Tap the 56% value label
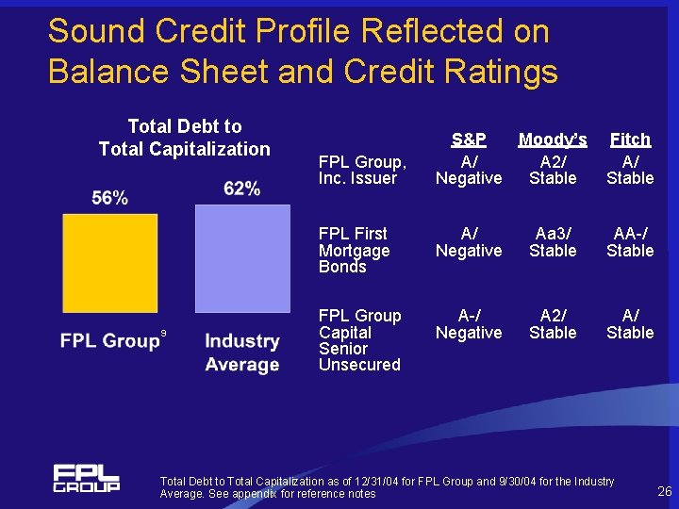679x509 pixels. [110, 197]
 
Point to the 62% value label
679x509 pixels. [242, 189]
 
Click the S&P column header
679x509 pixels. [469, 140]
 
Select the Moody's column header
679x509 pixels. [553, 140]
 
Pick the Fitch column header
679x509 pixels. [630, 140]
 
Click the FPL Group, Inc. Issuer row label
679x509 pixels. [363, 170]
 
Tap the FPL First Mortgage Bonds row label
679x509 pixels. [355, 250]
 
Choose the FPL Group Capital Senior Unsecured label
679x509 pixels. [360, 339]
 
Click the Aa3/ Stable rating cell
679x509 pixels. [553, 241]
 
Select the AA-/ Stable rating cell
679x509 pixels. [630, 241]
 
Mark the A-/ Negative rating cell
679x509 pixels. [469, 323]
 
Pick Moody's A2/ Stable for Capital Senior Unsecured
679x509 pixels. [553, 323]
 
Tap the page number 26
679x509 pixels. [664, 490]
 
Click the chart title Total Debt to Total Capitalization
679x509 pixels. [185, 138]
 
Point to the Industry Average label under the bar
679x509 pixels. [242, 353]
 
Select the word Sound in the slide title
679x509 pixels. [94, 31]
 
